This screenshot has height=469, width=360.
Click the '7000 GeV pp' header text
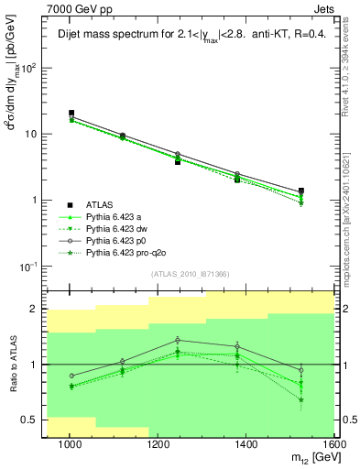pos(76,8)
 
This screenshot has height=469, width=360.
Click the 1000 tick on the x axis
pos(70,445)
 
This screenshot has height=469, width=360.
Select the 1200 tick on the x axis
pos(158,445)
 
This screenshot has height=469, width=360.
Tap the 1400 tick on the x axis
pos(247,445)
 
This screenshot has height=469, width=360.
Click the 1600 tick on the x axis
pos(333,445)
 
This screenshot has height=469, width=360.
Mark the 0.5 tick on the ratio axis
pos(34,420)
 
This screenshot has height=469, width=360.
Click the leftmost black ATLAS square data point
pos(71,114)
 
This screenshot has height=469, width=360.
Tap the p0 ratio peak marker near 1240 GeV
pos(178,340)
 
